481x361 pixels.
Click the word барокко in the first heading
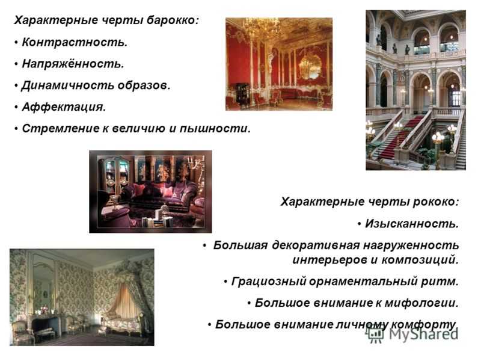tap(173, 20)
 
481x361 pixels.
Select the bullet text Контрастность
tap(75, 42)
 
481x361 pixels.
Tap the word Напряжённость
tap(73, 64)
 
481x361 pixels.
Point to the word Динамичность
tap(67, 85)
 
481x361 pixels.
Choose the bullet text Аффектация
tap(64, 107)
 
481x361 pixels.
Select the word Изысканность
tap(412, 224)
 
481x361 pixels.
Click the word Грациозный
tap(269, 281)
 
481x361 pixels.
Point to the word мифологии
tap(421, 303)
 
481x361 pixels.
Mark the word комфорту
tap(424, 324)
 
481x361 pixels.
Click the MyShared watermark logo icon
tap(375, 333)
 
